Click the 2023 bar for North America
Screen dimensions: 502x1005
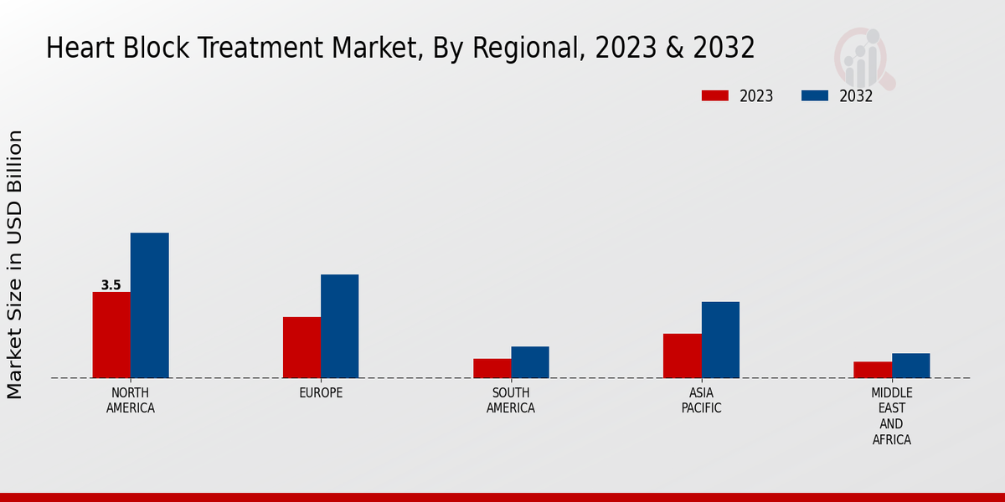tap(111, 335)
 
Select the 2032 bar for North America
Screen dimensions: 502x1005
tap(149, 305)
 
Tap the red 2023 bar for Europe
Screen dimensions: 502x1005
tap(301, 347)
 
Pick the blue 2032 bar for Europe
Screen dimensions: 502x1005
tap(339, 326)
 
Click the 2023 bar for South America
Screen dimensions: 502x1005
tap(492, 368)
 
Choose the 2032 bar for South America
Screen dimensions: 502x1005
tap(530, 362)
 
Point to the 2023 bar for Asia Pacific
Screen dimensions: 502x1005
tap(682, 356)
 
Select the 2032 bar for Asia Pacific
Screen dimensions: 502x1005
tap(720, 340)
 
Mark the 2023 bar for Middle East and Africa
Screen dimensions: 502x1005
tap(873, 370)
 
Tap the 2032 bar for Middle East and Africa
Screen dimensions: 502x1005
tap(910, 366)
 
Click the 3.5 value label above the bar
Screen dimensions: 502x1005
tap(111, 285)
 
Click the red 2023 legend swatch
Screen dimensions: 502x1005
tap(714, 96)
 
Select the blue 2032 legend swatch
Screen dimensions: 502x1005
tap(814, 96)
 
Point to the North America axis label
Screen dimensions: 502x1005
tap(130, 401)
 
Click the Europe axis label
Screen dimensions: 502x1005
tap(321, 393)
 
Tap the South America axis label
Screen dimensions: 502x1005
tap(511, 401)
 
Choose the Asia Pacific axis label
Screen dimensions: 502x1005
tap(701, 401)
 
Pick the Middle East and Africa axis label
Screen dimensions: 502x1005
tap(891, 416)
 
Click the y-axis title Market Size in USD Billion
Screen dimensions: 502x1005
tap(15, 264)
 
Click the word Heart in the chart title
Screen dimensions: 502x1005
tap(78, 49)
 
